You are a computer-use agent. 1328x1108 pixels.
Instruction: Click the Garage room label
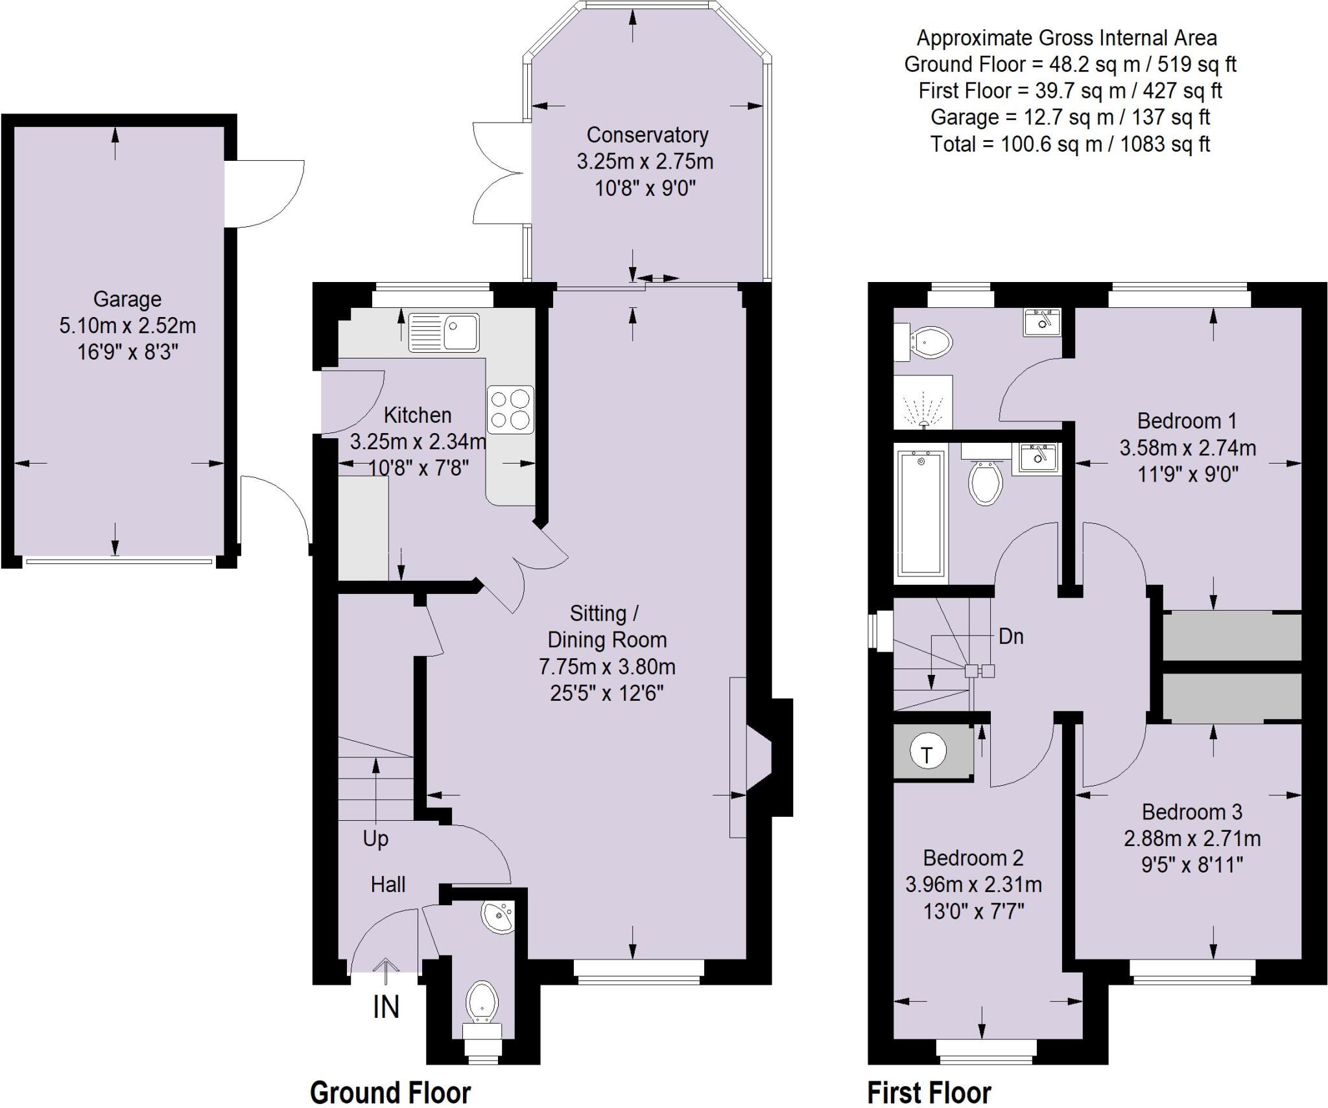point(127,300)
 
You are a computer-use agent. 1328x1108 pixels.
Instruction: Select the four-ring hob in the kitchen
point(510,410)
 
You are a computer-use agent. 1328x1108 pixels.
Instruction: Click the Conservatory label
point(647,135)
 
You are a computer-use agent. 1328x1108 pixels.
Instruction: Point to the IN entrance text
point(386,1007)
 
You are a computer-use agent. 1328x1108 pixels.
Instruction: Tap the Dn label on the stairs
point(1011,637)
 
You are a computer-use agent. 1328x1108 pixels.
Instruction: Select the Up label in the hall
point(375,839)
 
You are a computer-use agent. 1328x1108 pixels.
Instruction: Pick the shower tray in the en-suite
point(923,402)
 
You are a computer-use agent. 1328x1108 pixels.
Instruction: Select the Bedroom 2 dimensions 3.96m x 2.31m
point(973,884)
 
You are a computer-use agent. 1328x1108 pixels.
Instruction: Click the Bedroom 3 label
point(1192,812)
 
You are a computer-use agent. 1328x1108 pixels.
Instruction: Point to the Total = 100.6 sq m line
point(1070,144)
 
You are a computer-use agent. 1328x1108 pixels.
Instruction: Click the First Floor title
point(929,1092)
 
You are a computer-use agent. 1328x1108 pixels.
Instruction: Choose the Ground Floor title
point(390,1092)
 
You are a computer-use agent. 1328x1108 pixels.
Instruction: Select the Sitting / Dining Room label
point(606,626)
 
